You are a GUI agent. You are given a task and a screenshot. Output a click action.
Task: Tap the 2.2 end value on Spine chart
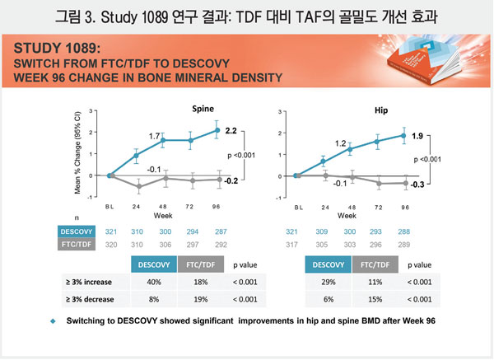[x=231, y=131]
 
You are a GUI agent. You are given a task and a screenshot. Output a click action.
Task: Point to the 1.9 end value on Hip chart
[x=417, y=136]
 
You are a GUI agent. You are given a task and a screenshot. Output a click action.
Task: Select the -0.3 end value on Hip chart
[x=417, y=185]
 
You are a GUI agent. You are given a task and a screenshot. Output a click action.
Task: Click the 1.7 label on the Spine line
[x=154, y=135]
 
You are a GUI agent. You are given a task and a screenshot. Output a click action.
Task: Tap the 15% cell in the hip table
[x=375, y=300]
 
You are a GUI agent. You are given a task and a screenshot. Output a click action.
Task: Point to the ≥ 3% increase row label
[x=91, y=282]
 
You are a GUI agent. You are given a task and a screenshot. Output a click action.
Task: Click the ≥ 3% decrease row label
[x=91, y=300]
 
